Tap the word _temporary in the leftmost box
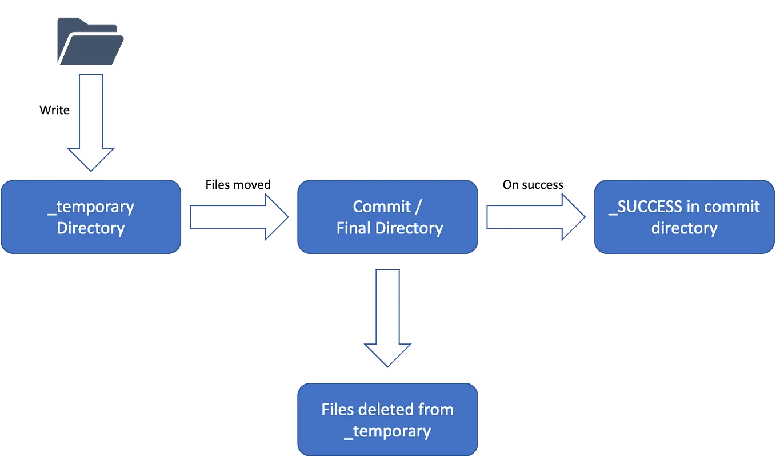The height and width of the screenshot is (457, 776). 91,207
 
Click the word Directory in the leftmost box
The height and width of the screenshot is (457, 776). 91,228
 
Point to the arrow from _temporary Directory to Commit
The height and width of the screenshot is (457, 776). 238,217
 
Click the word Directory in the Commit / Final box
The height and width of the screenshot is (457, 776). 408,228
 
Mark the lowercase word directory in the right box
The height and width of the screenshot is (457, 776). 684,228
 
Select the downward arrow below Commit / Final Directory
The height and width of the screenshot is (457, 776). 387,317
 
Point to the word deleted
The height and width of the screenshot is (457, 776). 390,410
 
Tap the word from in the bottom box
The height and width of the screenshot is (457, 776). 438,410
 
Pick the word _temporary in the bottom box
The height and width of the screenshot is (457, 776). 387,431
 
